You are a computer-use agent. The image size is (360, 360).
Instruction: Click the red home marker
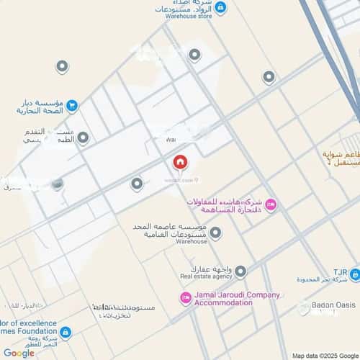coord(179,162)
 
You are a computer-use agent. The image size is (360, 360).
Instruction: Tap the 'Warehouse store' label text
coord(189,17)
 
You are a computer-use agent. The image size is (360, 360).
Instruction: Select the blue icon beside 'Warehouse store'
coord(220,8)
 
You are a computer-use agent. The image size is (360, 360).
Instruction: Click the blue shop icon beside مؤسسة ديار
coord(72,107)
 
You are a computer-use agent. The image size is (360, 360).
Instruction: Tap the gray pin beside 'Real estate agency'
coord(240,271)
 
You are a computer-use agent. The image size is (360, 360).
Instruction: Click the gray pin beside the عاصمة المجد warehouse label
coord(215,233)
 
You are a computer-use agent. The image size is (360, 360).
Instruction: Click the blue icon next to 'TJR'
coord(354,274)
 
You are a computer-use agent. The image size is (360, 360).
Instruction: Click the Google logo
coord(19,352)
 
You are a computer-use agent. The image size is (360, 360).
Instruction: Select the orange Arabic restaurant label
coord(341,159)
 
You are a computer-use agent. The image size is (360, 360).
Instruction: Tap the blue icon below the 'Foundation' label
coord(66,332)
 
